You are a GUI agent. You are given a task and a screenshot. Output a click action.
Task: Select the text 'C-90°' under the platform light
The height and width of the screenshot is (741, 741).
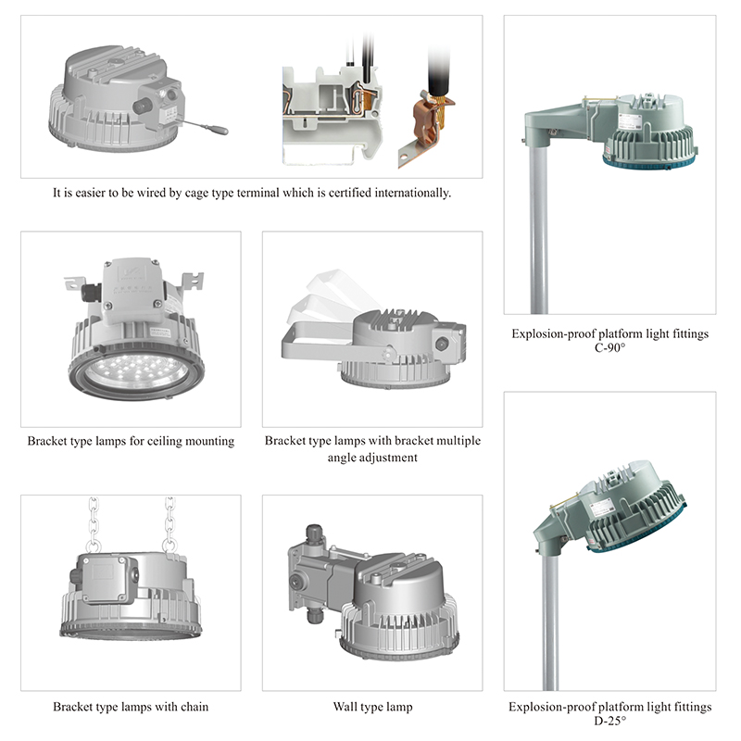[x=609, y=347]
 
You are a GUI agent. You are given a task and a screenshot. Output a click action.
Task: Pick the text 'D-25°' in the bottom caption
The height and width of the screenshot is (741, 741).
[x=609, y=721]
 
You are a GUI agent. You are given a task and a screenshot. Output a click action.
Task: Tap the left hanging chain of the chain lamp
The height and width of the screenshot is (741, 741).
[x=94, y=523]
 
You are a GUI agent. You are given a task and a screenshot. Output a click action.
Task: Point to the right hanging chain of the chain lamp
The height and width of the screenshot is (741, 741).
[x=170, y=523]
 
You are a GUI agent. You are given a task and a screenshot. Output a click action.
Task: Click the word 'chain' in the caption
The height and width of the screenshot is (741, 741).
[x=194, y=707]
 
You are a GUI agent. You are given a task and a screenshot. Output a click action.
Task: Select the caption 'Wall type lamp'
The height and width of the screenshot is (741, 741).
[x=372, y=707]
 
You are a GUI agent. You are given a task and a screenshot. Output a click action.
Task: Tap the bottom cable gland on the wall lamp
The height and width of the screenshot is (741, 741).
[x=314, y=616]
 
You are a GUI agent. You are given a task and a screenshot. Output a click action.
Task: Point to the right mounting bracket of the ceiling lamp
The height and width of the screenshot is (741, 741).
[x=193, y=283]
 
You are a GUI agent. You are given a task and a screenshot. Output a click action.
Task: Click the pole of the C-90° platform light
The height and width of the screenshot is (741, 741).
[x=539, y=227]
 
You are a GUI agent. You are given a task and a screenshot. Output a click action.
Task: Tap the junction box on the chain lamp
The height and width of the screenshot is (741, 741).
[x=107, y=579]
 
